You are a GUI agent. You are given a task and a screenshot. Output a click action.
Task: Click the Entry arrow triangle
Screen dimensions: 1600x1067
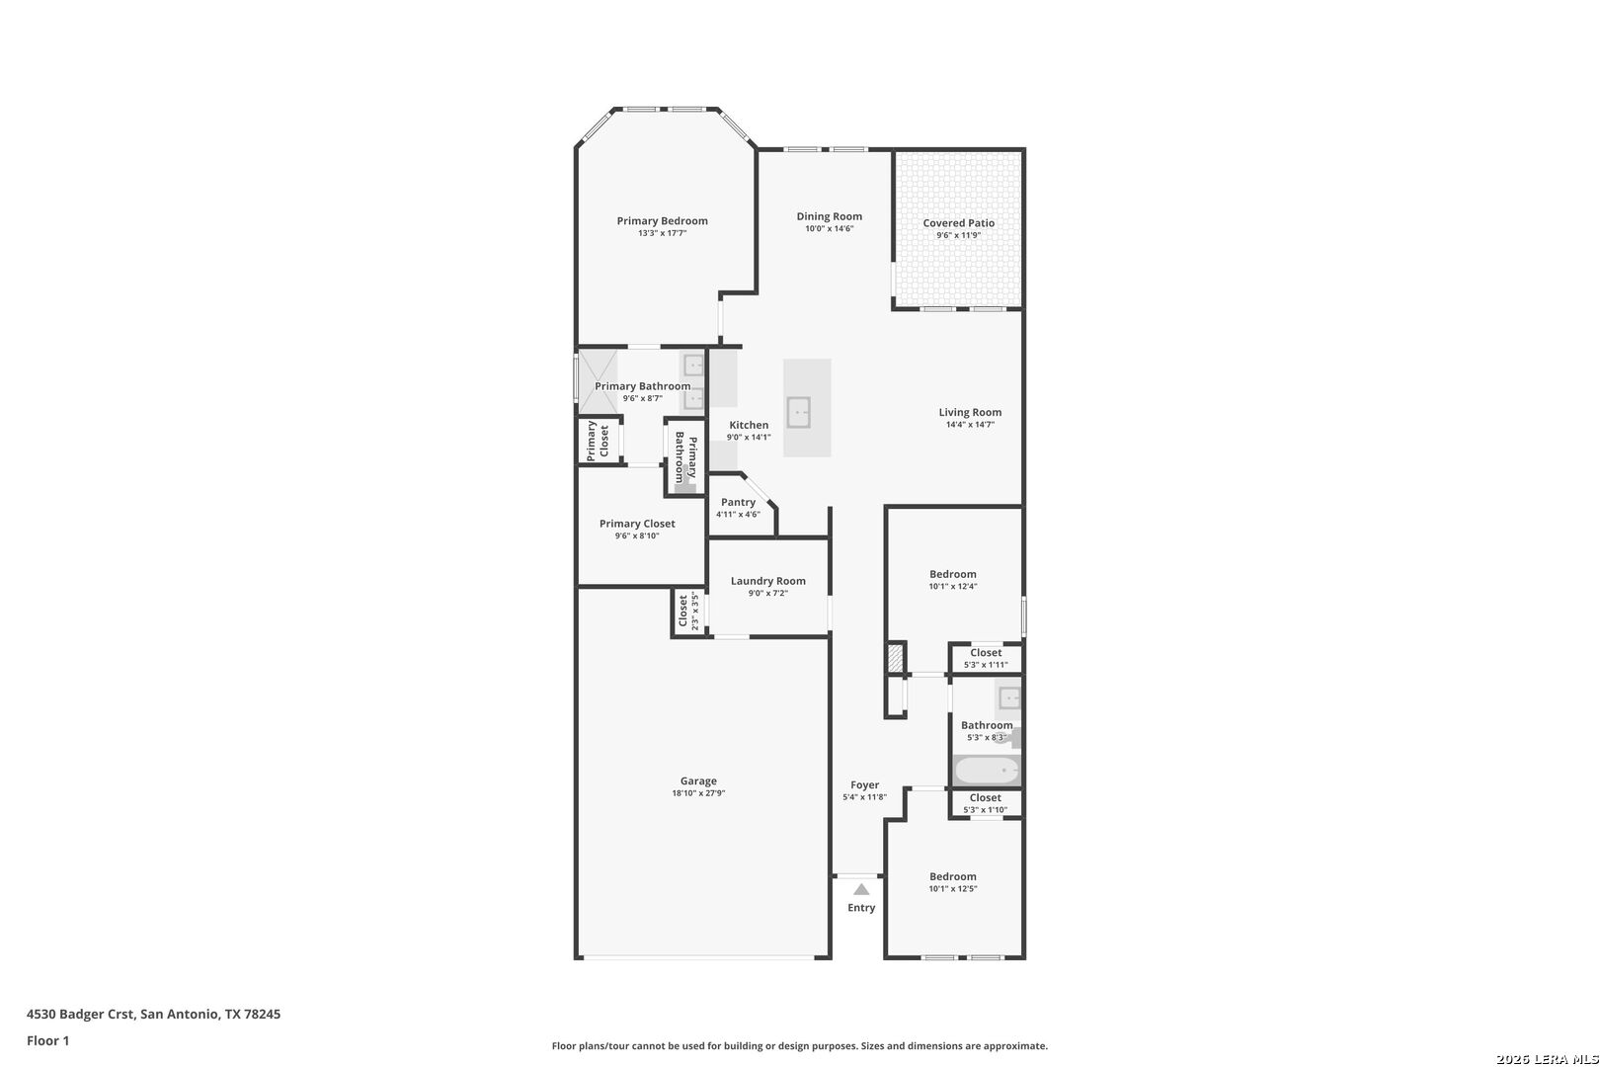[861, 890]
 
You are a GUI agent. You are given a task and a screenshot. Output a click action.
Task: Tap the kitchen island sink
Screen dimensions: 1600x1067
[799, 412]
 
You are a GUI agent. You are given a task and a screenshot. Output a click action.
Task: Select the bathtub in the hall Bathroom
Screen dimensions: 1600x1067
[987, 771]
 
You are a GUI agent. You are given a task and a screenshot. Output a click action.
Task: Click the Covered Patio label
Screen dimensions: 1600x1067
[959, 223]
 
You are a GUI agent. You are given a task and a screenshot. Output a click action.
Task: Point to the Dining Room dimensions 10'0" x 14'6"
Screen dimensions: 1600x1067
[830, 228]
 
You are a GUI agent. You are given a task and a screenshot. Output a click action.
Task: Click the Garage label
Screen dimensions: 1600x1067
[698, 781]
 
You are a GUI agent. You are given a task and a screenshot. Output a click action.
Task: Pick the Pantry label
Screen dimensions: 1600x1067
[738, 503]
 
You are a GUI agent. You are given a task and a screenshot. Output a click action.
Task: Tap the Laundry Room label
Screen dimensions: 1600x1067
[767, 581]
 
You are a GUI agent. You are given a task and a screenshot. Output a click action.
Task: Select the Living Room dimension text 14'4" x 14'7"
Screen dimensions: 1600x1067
[970, 425]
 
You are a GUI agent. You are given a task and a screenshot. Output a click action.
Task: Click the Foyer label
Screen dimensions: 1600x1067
[865, 784]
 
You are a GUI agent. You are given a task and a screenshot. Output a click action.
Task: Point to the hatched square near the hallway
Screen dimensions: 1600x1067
[896, 658]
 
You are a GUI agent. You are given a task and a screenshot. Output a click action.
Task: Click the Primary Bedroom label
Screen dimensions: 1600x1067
[662, 221]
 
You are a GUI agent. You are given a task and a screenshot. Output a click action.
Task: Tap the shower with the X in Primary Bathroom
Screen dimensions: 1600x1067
[598, 381]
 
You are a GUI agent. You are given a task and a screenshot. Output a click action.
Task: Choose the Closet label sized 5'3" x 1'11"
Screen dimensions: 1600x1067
[986, 652]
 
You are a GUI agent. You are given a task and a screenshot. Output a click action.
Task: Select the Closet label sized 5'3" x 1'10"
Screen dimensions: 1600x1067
[986, 797]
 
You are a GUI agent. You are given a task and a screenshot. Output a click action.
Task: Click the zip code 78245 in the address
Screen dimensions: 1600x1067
[262, 1014]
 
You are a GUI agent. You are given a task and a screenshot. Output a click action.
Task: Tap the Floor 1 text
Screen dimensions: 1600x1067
[47, 1040]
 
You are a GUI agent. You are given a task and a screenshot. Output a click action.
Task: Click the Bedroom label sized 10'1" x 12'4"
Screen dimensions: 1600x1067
[953, 574]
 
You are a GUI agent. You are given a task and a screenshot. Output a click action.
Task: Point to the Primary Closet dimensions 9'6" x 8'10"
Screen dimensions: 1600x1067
[637, 536]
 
